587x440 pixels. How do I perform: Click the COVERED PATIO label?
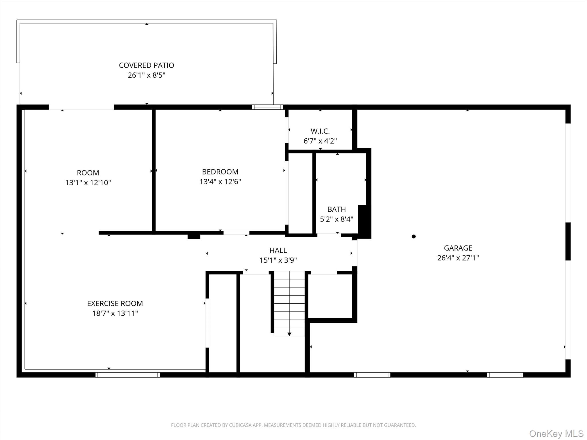pyautogui.click(x=146, y=65)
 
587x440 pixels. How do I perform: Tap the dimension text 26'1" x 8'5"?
pyautogui.click(x=146, y=75)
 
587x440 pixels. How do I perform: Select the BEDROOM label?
pyautogui.click(x=220, y=172)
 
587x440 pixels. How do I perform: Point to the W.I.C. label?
pyautogui.click(x=320, y=131)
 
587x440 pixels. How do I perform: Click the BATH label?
pyautogui.click(x=336, y=209)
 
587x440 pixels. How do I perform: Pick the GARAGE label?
pyautogui.click(x=458, y=248)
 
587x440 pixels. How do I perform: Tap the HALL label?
pyautogui.click(x=278, y=251)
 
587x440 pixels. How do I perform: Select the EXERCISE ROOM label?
pyautogui.click(x=115, y=304)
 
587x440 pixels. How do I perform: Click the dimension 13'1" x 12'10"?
pyautogui.click(x=88, y=183)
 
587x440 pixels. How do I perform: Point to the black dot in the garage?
pyautogui.click(x=414, y=237)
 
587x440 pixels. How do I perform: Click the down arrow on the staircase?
pyautogui.click(x=289, y=334)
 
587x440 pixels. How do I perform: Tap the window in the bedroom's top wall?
pyautogui.click(x=267, y=107)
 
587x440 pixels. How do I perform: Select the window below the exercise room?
pyautogui.click(x=128, y=375)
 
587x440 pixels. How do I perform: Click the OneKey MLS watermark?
pyautogui.click(x=556, y=434)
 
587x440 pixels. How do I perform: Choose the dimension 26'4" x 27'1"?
pyautogui.click(x=458, y=258)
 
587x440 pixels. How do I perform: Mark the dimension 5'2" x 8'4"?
pyautogui.click(x=336, y=219)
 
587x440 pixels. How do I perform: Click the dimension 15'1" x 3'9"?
pyautogui.click(x=278, y=260)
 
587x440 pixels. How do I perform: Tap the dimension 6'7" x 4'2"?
pyautogui.click(x=320, y=141)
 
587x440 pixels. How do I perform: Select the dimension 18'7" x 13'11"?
pyautogui.click(x=115, y=313)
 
